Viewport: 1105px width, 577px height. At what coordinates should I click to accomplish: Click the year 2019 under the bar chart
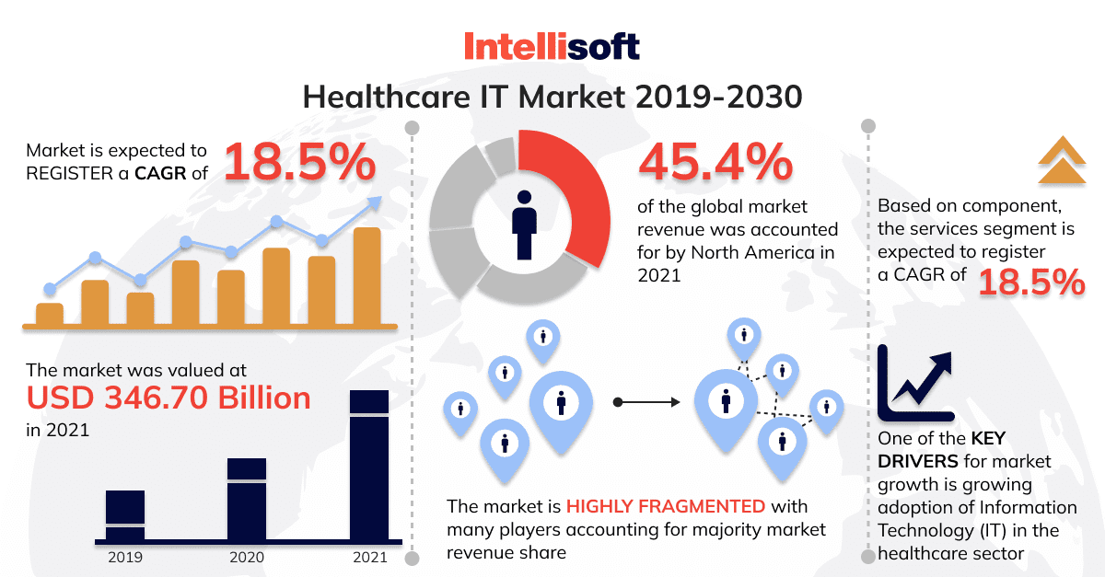click(124, 557)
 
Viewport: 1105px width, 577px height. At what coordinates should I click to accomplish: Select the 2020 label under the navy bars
click(246, 557)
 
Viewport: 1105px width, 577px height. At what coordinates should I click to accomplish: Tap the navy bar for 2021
click(369, 465)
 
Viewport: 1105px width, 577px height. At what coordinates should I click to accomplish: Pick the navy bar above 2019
click(125, 515)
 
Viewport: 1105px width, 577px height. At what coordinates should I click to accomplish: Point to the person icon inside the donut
click(524, 224)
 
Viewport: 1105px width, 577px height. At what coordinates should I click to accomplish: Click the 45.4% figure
click(715, 163)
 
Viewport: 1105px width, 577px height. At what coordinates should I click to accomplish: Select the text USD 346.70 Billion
click(169, 398)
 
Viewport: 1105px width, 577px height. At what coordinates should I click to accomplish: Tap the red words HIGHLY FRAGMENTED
click(665, 506)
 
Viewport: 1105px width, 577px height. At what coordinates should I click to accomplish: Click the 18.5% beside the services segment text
click(1030, 283)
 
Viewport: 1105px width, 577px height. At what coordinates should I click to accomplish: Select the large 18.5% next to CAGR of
click(299, 162)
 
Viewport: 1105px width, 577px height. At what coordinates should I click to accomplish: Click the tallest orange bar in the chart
click(366, 276)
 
